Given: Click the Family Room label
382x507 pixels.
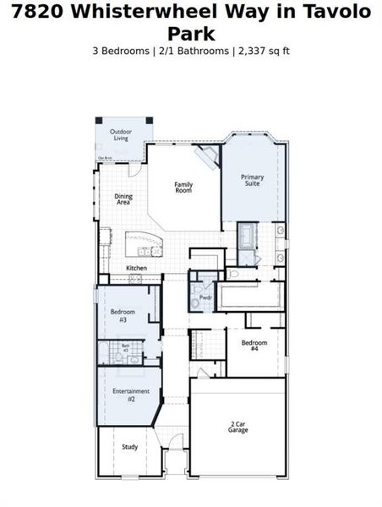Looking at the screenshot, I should pyautogui.click(x=183, y=188).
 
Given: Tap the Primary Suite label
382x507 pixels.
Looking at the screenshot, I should pyautogui.click(x=253, y=179).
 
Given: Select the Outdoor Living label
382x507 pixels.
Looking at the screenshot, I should pyautogui.click(x=122, y=134).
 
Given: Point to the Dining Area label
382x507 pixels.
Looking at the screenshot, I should pyautogui.click(x=123, y=199).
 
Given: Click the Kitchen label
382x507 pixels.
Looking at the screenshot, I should pyautogui.click(x=137, y=268).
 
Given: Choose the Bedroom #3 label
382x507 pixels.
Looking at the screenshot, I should pyautogui.click(x=123, y=316).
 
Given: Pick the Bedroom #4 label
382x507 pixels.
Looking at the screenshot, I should pyautogui.click(x=254, y=345).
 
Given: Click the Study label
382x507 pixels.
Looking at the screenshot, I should pyautogui.click(x=129, y=447).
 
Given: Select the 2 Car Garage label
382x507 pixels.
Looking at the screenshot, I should pyautogui.click(x=237, y=427).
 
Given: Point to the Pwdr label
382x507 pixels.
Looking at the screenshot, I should pyautogui.click(x=205, y=297).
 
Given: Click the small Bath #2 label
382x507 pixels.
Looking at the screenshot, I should pyautogui.click(x=125, y=346).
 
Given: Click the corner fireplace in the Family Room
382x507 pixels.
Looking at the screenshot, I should pyautogui.click(x=206, y=155).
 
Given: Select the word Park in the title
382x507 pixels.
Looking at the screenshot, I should pyautogui.click(x=191, y=33).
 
